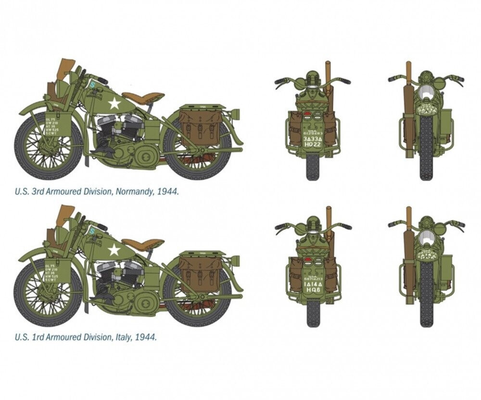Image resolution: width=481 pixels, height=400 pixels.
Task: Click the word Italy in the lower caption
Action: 118,337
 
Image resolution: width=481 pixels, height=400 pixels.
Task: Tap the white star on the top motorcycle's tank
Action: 114,103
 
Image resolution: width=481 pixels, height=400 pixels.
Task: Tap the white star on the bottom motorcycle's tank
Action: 114,249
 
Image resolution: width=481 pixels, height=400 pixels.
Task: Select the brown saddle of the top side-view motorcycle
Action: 142,97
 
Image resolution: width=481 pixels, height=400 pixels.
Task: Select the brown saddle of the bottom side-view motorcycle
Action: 142,243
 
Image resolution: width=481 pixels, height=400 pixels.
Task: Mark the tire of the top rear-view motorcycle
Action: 313,166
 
